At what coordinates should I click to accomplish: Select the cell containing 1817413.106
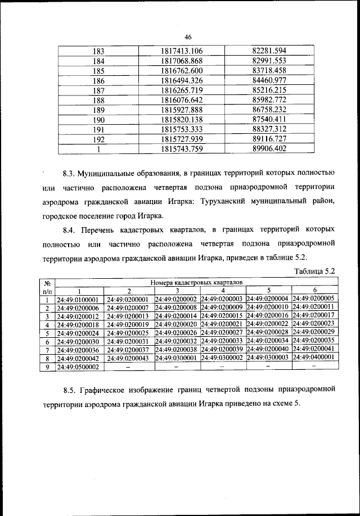[x=182, y=51]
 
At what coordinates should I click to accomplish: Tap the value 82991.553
[x=269, y=61]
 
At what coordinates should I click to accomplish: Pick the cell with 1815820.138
[x=182, y=120]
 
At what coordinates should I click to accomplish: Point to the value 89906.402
[x=269, y=149]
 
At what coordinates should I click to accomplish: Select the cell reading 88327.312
[x=269, y=129]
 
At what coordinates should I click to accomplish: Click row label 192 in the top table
[x=99, y=139]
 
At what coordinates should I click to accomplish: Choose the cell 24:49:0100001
[x=79, y=299]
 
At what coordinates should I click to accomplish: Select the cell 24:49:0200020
[x=177, y=324]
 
